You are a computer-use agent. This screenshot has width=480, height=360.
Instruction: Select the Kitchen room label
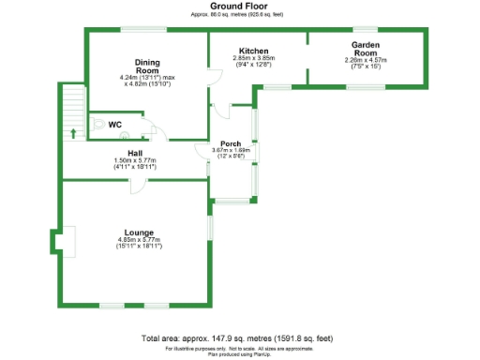253,51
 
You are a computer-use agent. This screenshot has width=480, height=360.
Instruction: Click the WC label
115,125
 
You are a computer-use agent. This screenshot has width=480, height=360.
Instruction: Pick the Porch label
230,143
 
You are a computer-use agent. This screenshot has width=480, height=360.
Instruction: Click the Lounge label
139,232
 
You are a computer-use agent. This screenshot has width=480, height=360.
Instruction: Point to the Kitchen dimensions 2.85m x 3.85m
253,61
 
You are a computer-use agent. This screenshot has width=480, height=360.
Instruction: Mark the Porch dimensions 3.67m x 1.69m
230,153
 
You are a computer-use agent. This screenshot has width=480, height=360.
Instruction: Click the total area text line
236,337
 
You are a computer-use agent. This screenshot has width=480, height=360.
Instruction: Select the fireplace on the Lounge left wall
62,242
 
